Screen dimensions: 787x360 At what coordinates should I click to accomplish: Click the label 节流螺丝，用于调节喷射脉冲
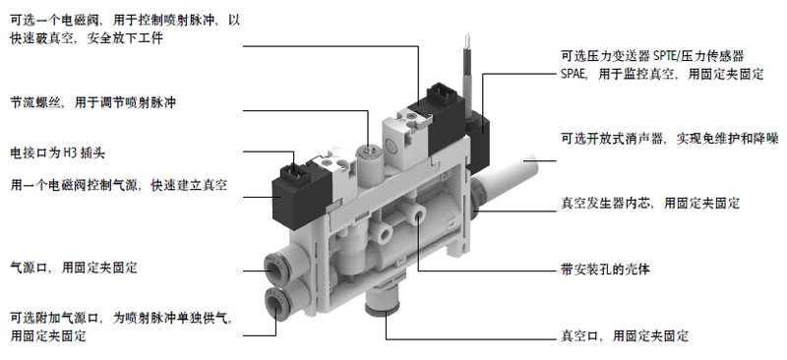[93, 103]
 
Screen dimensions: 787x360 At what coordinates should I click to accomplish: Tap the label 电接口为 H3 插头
[58, 153]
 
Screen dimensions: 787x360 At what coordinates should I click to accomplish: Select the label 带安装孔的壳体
[605, 270]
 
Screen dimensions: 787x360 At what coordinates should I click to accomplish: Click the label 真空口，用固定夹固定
[624, 335]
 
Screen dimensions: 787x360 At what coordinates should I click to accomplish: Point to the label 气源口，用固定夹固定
[74, 268]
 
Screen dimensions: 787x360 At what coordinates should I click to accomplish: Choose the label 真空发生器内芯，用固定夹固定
[650, 204]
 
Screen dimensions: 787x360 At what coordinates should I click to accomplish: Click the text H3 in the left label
[69, 153]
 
